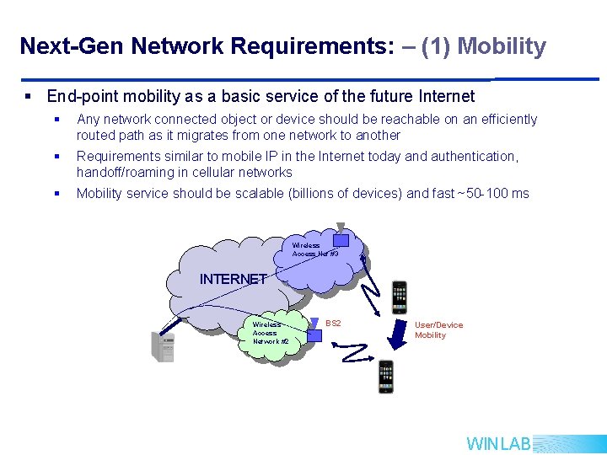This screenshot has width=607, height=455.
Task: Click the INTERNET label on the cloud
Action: tap(233, 279)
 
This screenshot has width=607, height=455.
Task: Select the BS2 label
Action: tap(333, 324)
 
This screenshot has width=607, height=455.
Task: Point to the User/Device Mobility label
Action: tap(438, 329)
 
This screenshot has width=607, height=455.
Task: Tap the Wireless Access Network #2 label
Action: tap(271, 332)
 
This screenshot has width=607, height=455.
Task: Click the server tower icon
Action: tap(162, 345)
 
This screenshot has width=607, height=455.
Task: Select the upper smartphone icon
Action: tap(399, 297)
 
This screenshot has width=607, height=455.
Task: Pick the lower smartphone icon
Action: tap(386, 376)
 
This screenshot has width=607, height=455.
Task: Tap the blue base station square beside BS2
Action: tap(314, 335)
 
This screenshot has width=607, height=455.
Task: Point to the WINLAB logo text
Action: tap(498, 444)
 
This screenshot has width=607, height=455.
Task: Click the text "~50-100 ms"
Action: tap(492, 194)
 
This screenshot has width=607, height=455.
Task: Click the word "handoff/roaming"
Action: tap(128, 173)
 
